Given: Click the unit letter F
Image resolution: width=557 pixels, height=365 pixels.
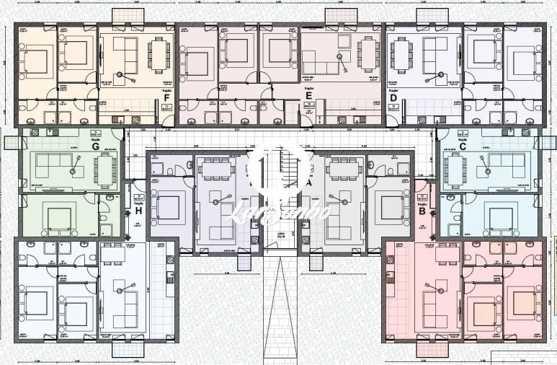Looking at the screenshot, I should [x=166, y=97].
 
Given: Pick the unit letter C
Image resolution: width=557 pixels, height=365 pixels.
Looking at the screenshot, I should [x=463, y=146].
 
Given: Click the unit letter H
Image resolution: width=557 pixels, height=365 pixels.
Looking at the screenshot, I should [x=138, y=211].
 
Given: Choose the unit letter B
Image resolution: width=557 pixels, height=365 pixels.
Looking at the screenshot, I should [x=422, y=211].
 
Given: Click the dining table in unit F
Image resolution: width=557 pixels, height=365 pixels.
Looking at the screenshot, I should [x=157, y=51].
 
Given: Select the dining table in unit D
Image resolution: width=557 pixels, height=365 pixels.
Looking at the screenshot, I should [x=400, y=51].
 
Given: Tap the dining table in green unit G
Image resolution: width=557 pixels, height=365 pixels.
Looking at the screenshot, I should [x=106, y=170].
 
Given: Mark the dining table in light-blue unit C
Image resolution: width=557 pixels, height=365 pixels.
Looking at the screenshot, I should [x=454, y=170].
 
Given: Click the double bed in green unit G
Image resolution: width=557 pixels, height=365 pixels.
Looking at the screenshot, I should [x=59, y=216].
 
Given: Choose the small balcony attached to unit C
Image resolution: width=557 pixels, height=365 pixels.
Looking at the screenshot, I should [x=548, y=142].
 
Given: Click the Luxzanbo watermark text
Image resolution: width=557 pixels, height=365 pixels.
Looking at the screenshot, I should [x=278, y=211].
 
